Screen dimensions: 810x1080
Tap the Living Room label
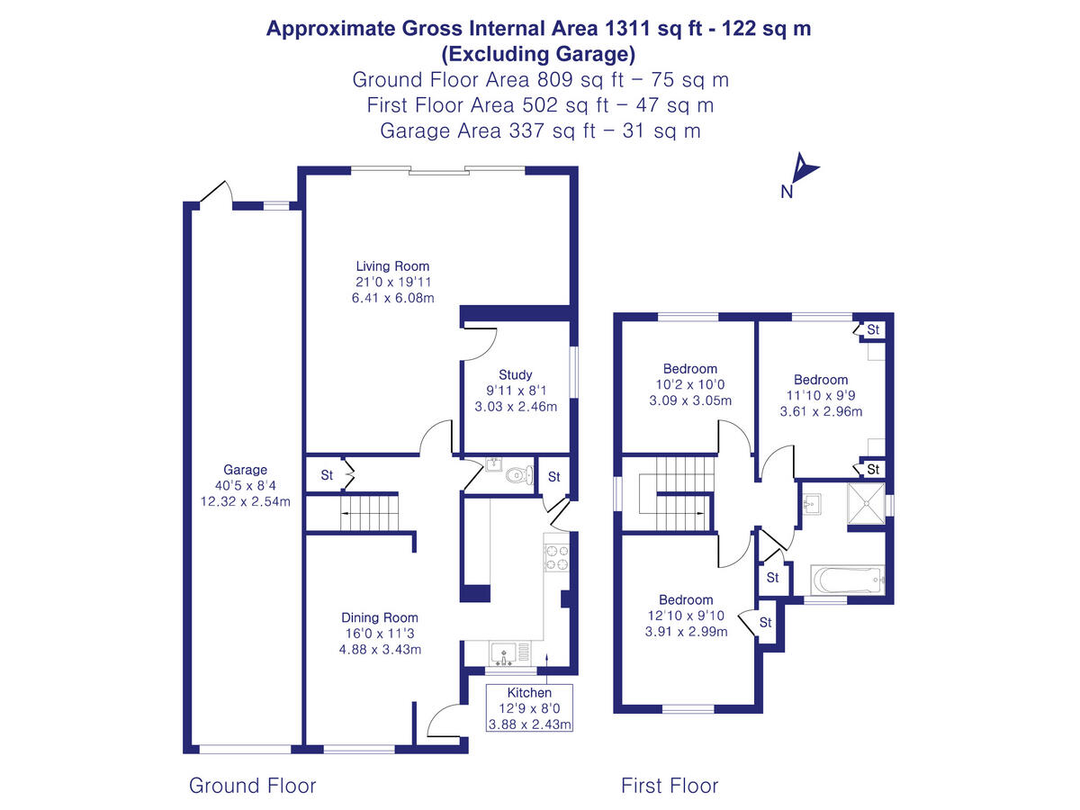click(x=392, y=266)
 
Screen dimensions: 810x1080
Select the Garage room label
click(x=245, y=470)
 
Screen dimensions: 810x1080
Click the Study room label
click(x=515, y=374)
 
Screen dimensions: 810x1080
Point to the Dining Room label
click(x=379, y=617)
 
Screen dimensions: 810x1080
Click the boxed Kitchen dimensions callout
click(x=529, y=708)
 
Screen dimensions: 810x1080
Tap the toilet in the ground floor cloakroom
click(x=516, y=474)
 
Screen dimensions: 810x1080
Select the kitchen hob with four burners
click(x=556, y=558)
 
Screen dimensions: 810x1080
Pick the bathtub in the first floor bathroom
click(x=846, y=580)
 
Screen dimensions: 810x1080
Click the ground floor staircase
click(x=367, y=514)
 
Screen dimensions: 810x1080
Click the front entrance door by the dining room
click(x=444, y=720)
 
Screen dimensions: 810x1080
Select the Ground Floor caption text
click(x=252, y=786)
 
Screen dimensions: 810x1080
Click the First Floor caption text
click(x=670, y=786)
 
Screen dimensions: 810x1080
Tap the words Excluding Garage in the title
click(x=538, y=53)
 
